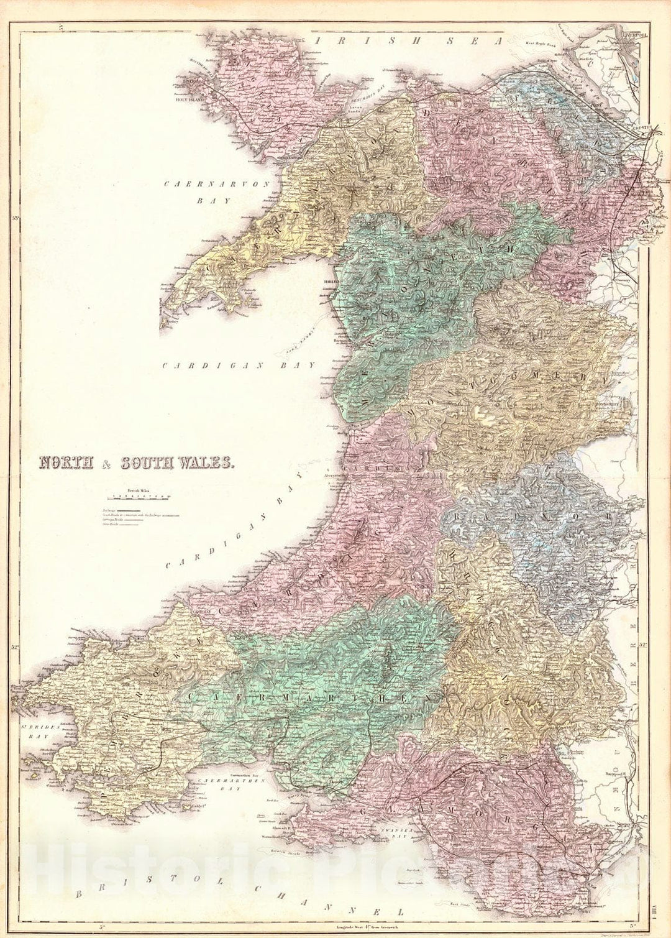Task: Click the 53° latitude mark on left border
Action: coord(16,218)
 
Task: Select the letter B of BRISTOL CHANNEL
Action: coord(78,895)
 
